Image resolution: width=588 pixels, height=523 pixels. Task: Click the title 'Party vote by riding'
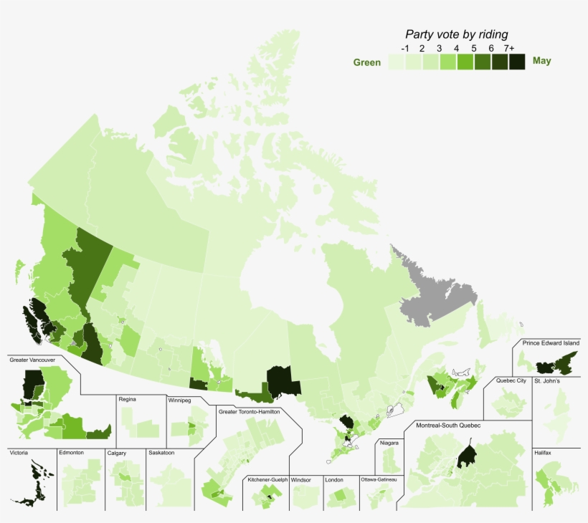coord(456,34)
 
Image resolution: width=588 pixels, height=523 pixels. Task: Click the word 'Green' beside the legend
coord(366,62)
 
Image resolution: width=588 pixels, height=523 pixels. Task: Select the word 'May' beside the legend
coord(542,61)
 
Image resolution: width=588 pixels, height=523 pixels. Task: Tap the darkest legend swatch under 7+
coord(517,62)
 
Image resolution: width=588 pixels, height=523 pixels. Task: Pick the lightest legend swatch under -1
coord(397,62)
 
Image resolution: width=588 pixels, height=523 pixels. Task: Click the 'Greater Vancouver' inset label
coord(32,360)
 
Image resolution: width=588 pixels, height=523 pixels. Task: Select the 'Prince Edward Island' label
coord(550,344)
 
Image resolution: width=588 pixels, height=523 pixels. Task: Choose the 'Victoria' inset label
coord(19,453)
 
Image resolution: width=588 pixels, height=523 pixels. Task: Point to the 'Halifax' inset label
coord(543,453)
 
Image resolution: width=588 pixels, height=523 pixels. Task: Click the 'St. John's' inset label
coord(547,381)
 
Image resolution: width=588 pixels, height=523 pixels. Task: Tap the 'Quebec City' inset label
coord(511,380)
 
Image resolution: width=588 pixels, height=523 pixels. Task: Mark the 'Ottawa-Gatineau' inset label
coord(380,479)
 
